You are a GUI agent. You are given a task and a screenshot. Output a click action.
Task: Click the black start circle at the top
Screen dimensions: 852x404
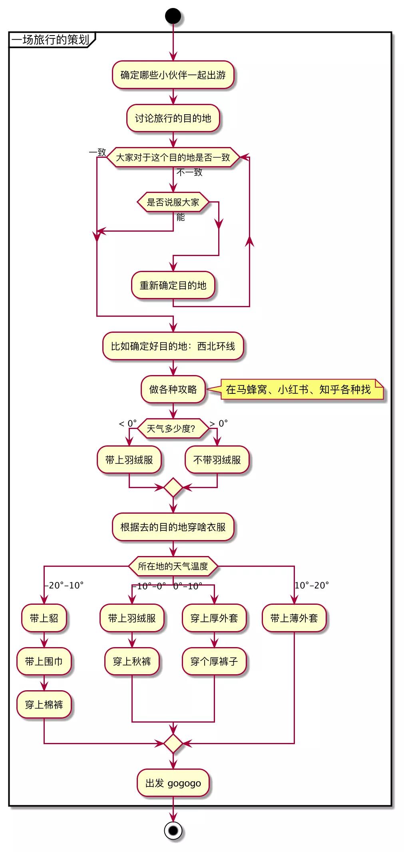(173, 16)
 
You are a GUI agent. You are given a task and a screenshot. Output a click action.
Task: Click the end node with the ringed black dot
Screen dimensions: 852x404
(173, 831)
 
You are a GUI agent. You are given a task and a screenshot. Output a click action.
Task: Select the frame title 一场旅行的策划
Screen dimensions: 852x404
(50, 40)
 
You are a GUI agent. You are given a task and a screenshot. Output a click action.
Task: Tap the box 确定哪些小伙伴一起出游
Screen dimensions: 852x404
(173, 75)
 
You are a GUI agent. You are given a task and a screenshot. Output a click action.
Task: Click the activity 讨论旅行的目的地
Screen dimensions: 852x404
(173, 118)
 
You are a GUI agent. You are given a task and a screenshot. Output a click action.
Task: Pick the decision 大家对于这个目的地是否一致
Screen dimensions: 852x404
(173, 157)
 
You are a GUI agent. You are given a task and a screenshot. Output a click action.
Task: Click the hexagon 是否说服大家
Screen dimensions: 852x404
(173, 202)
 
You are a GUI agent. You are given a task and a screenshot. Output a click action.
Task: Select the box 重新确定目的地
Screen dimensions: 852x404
(173, 285)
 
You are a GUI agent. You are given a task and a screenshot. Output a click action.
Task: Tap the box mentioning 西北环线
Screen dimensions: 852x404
(173, 346)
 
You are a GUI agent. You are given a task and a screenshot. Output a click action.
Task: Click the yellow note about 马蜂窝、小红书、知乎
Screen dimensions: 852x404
(298, 389)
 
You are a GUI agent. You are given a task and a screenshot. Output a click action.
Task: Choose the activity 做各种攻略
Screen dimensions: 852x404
(173, 389)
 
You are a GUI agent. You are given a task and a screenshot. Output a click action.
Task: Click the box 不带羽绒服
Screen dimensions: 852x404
(217, 460)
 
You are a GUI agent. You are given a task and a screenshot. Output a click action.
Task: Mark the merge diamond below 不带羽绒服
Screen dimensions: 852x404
(173, 487)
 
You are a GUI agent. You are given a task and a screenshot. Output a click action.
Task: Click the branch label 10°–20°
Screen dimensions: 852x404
(312, 586)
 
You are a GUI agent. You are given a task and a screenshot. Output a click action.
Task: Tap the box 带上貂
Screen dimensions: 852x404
(44, 618)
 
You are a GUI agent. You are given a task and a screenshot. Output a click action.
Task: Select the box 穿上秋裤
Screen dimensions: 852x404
(132, 661)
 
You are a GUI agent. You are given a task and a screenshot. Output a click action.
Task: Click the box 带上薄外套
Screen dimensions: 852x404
(294, 618)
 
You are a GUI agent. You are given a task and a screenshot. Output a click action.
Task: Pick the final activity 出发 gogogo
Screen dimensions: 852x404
(173, 783)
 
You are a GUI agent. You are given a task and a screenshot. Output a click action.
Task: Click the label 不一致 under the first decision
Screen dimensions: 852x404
(189, 172)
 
